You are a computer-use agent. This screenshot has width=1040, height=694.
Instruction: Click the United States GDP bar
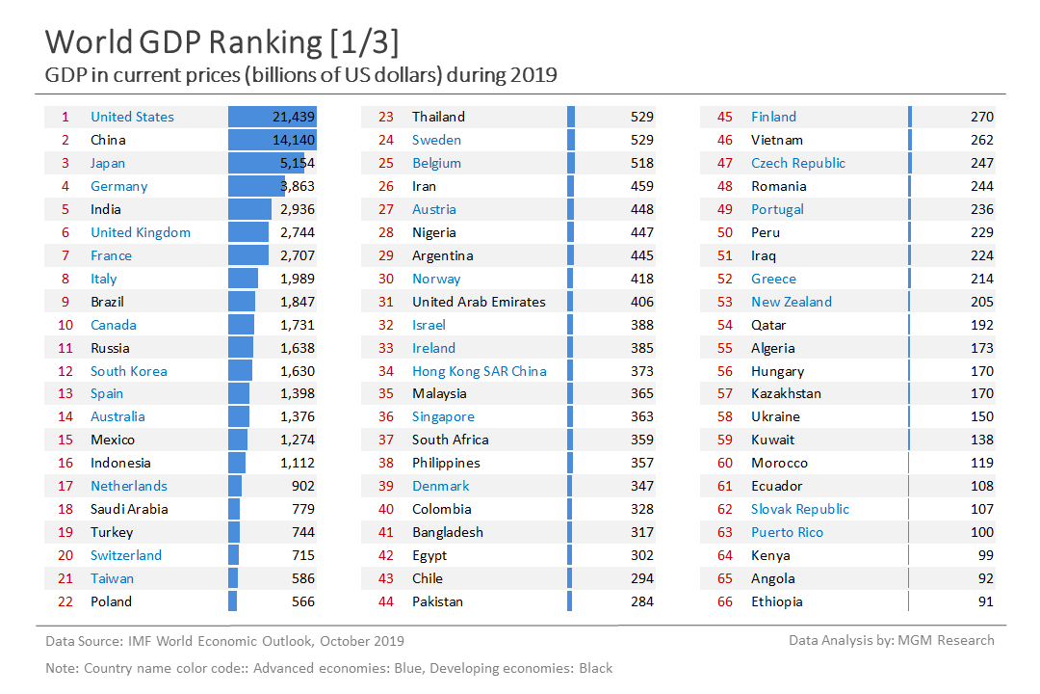tap(273, 117)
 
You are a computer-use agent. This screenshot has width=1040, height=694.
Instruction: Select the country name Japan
tap(108, 163)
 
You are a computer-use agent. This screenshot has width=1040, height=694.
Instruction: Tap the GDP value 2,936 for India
tap(294, 209)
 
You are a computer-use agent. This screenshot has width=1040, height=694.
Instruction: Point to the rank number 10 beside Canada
tap(65, 325)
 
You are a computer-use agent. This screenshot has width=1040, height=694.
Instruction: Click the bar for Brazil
tap(242, 302)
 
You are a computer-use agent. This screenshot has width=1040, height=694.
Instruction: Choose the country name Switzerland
tap(126, 555)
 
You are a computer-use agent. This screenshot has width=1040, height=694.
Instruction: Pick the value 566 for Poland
tap(302, 601)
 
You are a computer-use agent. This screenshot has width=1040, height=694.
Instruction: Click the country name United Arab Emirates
tap(479, 302)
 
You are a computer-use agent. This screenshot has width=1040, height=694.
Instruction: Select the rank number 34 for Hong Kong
tap(386, 371)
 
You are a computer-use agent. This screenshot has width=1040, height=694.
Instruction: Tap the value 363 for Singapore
tap(642, 416)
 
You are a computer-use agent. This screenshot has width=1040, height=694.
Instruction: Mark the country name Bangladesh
tap(448, 532)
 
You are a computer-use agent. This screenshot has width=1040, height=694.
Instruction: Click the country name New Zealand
tap(792, 302)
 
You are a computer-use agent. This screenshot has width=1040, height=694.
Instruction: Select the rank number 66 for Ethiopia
tap(725, 601)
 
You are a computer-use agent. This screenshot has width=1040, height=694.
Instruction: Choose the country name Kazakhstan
tap(787, 393)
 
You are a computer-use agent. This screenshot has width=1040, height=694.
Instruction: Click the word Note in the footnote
tap(62, 668)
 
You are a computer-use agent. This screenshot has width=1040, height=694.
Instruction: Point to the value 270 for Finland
tap(982, 117)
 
